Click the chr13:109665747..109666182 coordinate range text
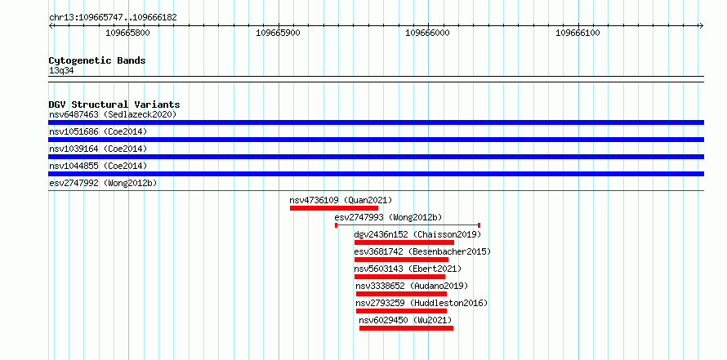(113, 18)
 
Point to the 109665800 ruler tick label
(128, 33)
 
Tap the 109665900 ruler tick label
(279, 33)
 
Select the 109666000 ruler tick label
(427, 33)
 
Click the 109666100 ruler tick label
(578, 33)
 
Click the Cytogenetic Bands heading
(97, 60)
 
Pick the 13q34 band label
(61, 71)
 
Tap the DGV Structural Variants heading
(114, 104)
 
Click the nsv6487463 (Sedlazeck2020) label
(113, 114)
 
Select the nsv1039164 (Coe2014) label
(98, 149)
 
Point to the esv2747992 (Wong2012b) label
(103, 183)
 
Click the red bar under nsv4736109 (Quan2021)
(334, 208)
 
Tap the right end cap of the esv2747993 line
(479, 225)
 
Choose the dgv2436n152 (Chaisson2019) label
(417, 234)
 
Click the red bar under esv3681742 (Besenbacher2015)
(401, 260)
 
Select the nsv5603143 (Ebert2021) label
(408, 269)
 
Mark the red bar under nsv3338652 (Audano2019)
(401, 294)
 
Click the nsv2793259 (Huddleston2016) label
(421, 303)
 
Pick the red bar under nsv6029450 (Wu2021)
(406, 328)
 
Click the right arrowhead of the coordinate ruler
(702, 25)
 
